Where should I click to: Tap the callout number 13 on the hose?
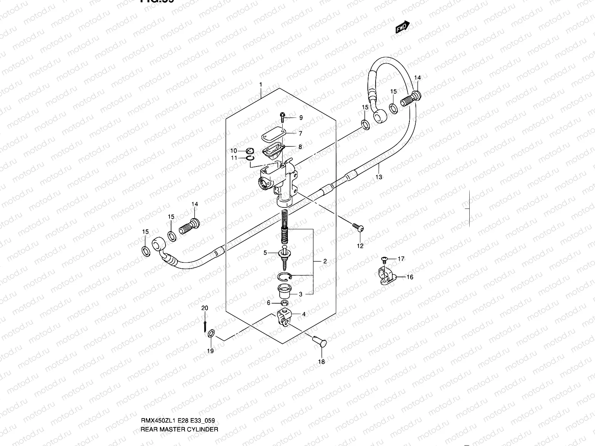[379, 177]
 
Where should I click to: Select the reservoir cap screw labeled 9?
[283, 117]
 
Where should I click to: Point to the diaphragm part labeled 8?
[273, 150]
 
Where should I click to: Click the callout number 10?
[233, 151]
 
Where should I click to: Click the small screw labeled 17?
[385, 258]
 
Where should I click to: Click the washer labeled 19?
[211, 334]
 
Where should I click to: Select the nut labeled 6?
[284, 304]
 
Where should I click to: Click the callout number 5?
[266, 253]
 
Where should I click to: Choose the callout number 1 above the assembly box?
[261, 85]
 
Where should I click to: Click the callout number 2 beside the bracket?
[325, 261]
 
